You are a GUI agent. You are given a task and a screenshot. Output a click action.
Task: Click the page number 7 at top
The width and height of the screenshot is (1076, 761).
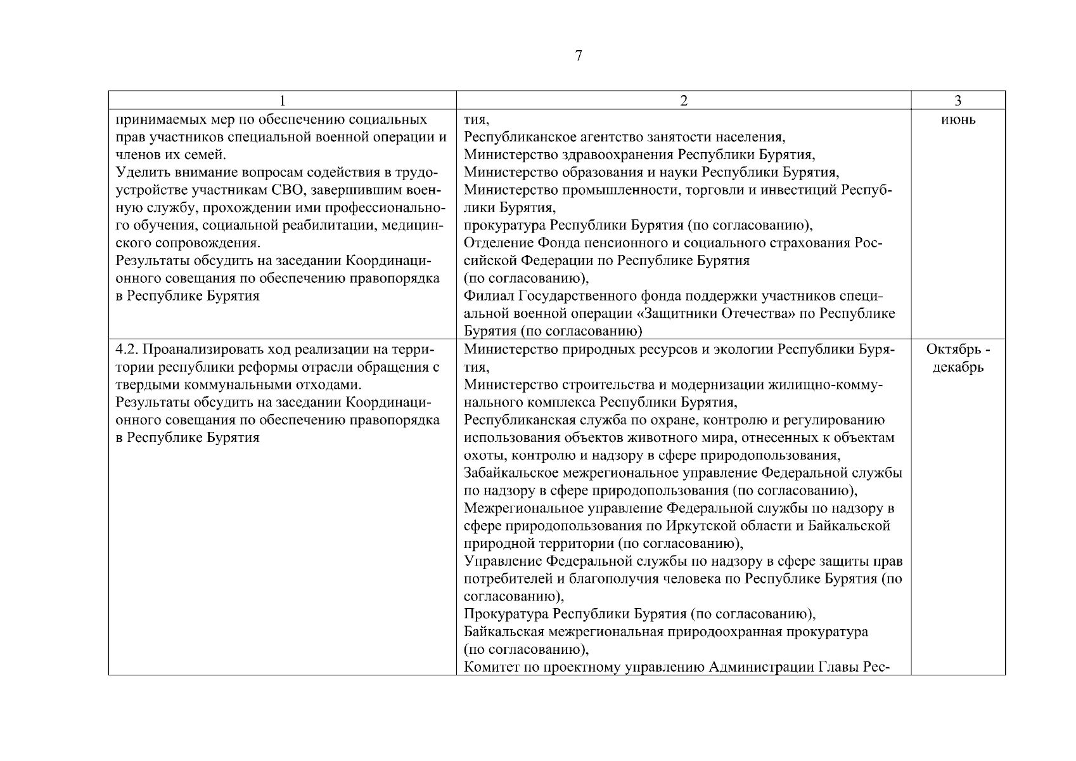tap(578, 56)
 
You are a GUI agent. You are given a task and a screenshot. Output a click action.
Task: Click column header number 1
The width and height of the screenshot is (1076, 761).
tap(282, 101)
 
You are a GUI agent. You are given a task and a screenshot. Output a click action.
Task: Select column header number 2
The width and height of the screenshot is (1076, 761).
tap(683, 101)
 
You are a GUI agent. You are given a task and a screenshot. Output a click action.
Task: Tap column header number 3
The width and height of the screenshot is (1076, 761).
tap(958, 101)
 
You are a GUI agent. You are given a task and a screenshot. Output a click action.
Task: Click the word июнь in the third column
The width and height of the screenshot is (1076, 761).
tap(958, 120)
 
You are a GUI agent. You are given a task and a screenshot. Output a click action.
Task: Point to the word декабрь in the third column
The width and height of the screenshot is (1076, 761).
tap(958, 367)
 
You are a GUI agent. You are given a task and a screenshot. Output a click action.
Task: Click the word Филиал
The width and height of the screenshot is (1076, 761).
tap(488, 296)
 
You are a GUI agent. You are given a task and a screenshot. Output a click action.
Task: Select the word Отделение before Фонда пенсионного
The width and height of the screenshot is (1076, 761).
tap(498, 244)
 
